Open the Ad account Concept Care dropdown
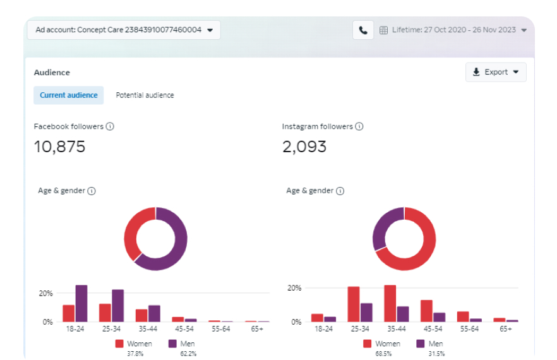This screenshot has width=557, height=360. [124, 30]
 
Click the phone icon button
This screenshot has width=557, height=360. [363, 30]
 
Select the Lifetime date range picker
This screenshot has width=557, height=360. [452, 30]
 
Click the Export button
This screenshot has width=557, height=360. [496, 72]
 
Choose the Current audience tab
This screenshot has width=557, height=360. [68, 95]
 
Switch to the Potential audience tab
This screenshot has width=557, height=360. [145, 95]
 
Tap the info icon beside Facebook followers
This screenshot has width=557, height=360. [110, 126]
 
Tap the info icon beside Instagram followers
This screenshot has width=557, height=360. [359, 126]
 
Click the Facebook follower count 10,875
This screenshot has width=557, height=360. [59, 147]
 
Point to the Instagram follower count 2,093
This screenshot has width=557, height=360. [304, 147]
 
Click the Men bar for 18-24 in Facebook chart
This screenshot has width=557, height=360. [81, 303]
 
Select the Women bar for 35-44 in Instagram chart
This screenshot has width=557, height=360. [390, 303]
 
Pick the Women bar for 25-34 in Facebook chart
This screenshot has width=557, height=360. [105, 313]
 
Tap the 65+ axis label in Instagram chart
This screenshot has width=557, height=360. [506, 329]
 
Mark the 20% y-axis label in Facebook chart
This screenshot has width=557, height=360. [45, 294]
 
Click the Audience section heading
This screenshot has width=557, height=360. [52, 73]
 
